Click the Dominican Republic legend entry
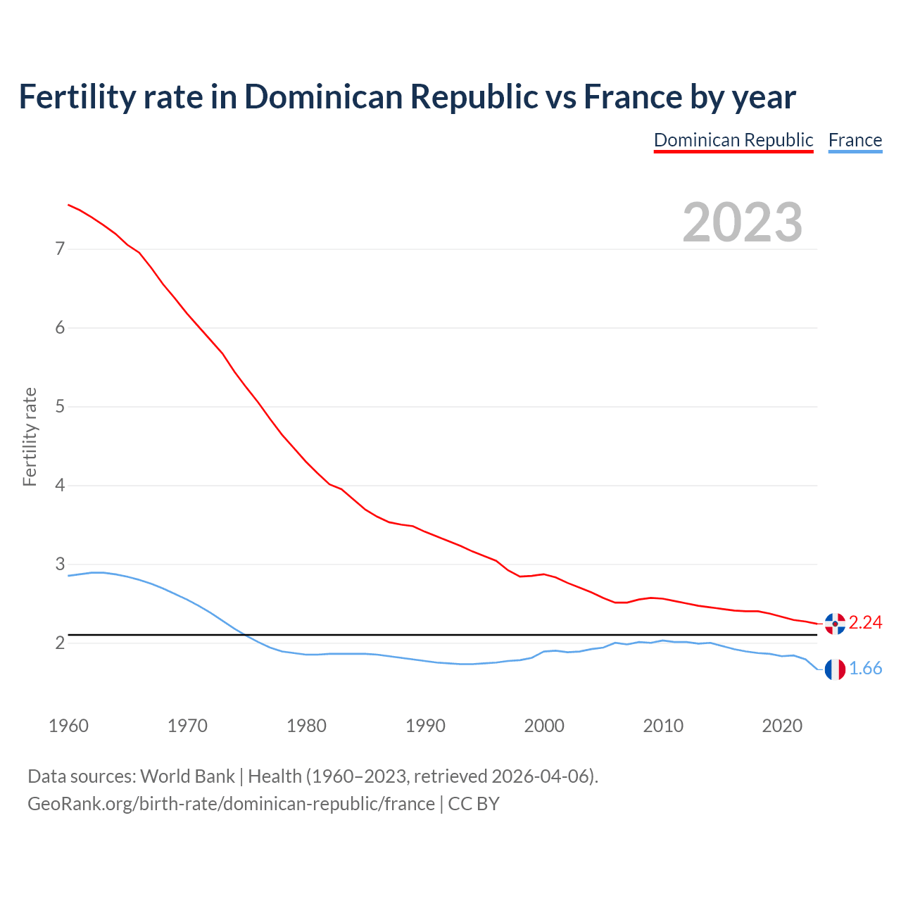(x=733, y=140)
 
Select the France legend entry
(x=855, y=140)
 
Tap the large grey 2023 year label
(x=742, y=222)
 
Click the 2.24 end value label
(x=865, y=623)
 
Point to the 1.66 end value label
(x=865, y=669)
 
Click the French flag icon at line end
(x=835, y=669)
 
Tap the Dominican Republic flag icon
(x=835, y=624)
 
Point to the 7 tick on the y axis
(x=60, y=248)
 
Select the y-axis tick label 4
(x=60, y=486)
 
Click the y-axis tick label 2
(x=60, y=643)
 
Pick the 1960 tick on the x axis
(x=68, y=726)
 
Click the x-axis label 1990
(x=425, y=726)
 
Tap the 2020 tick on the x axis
(x=782, y=726)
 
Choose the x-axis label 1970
(x=187, y=726)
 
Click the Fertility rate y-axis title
(x=30, y=436)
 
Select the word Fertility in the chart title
(x=75, y=97)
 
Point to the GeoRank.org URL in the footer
(x=231, y=804)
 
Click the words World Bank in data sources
(x=187, y=776)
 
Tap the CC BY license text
(x=474, y=804)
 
